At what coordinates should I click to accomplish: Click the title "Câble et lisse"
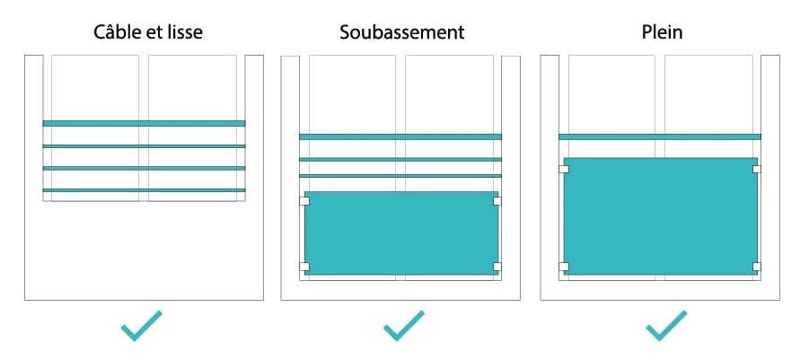[148, 32]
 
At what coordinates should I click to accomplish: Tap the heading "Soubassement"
[402, 32]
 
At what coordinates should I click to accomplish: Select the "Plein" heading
[663, 32]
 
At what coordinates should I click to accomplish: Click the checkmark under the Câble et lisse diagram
[141, 326]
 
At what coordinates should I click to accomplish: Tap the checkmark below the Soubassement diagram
[404, 326]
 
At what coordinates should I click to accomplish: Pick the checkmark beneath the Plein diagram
[666, 326]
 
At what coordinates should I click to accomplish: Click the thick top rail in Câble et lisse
[144, 123]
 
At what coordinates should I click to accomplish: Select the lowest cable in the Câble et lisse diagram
[144, 190]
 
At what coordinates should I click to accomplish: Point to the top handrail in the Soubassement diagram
[400, 136]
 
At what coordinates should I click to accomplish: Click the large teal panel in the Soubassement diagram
[401, 233]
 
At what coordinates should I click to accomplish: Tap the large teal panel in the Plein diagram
[661, 216]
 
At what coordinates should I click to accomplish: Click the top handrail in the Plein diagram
[660, 136]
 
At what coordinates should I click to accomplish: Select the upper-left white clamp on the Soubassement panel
[304, 200]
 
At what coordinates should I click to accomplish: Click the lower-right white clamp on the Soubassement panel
[497, 266]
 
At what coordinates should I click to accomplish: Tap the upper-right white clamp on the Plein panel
[757, 169]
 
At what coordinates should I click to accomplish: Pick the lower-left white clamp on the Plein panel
[564, 266]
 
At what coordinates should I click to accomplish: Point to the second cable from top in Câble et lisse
[144, 146]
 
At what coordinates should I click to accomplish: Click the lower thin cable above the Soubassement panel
[400, 176]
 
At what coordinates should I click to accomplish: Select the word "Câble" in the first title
[119, 32]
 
